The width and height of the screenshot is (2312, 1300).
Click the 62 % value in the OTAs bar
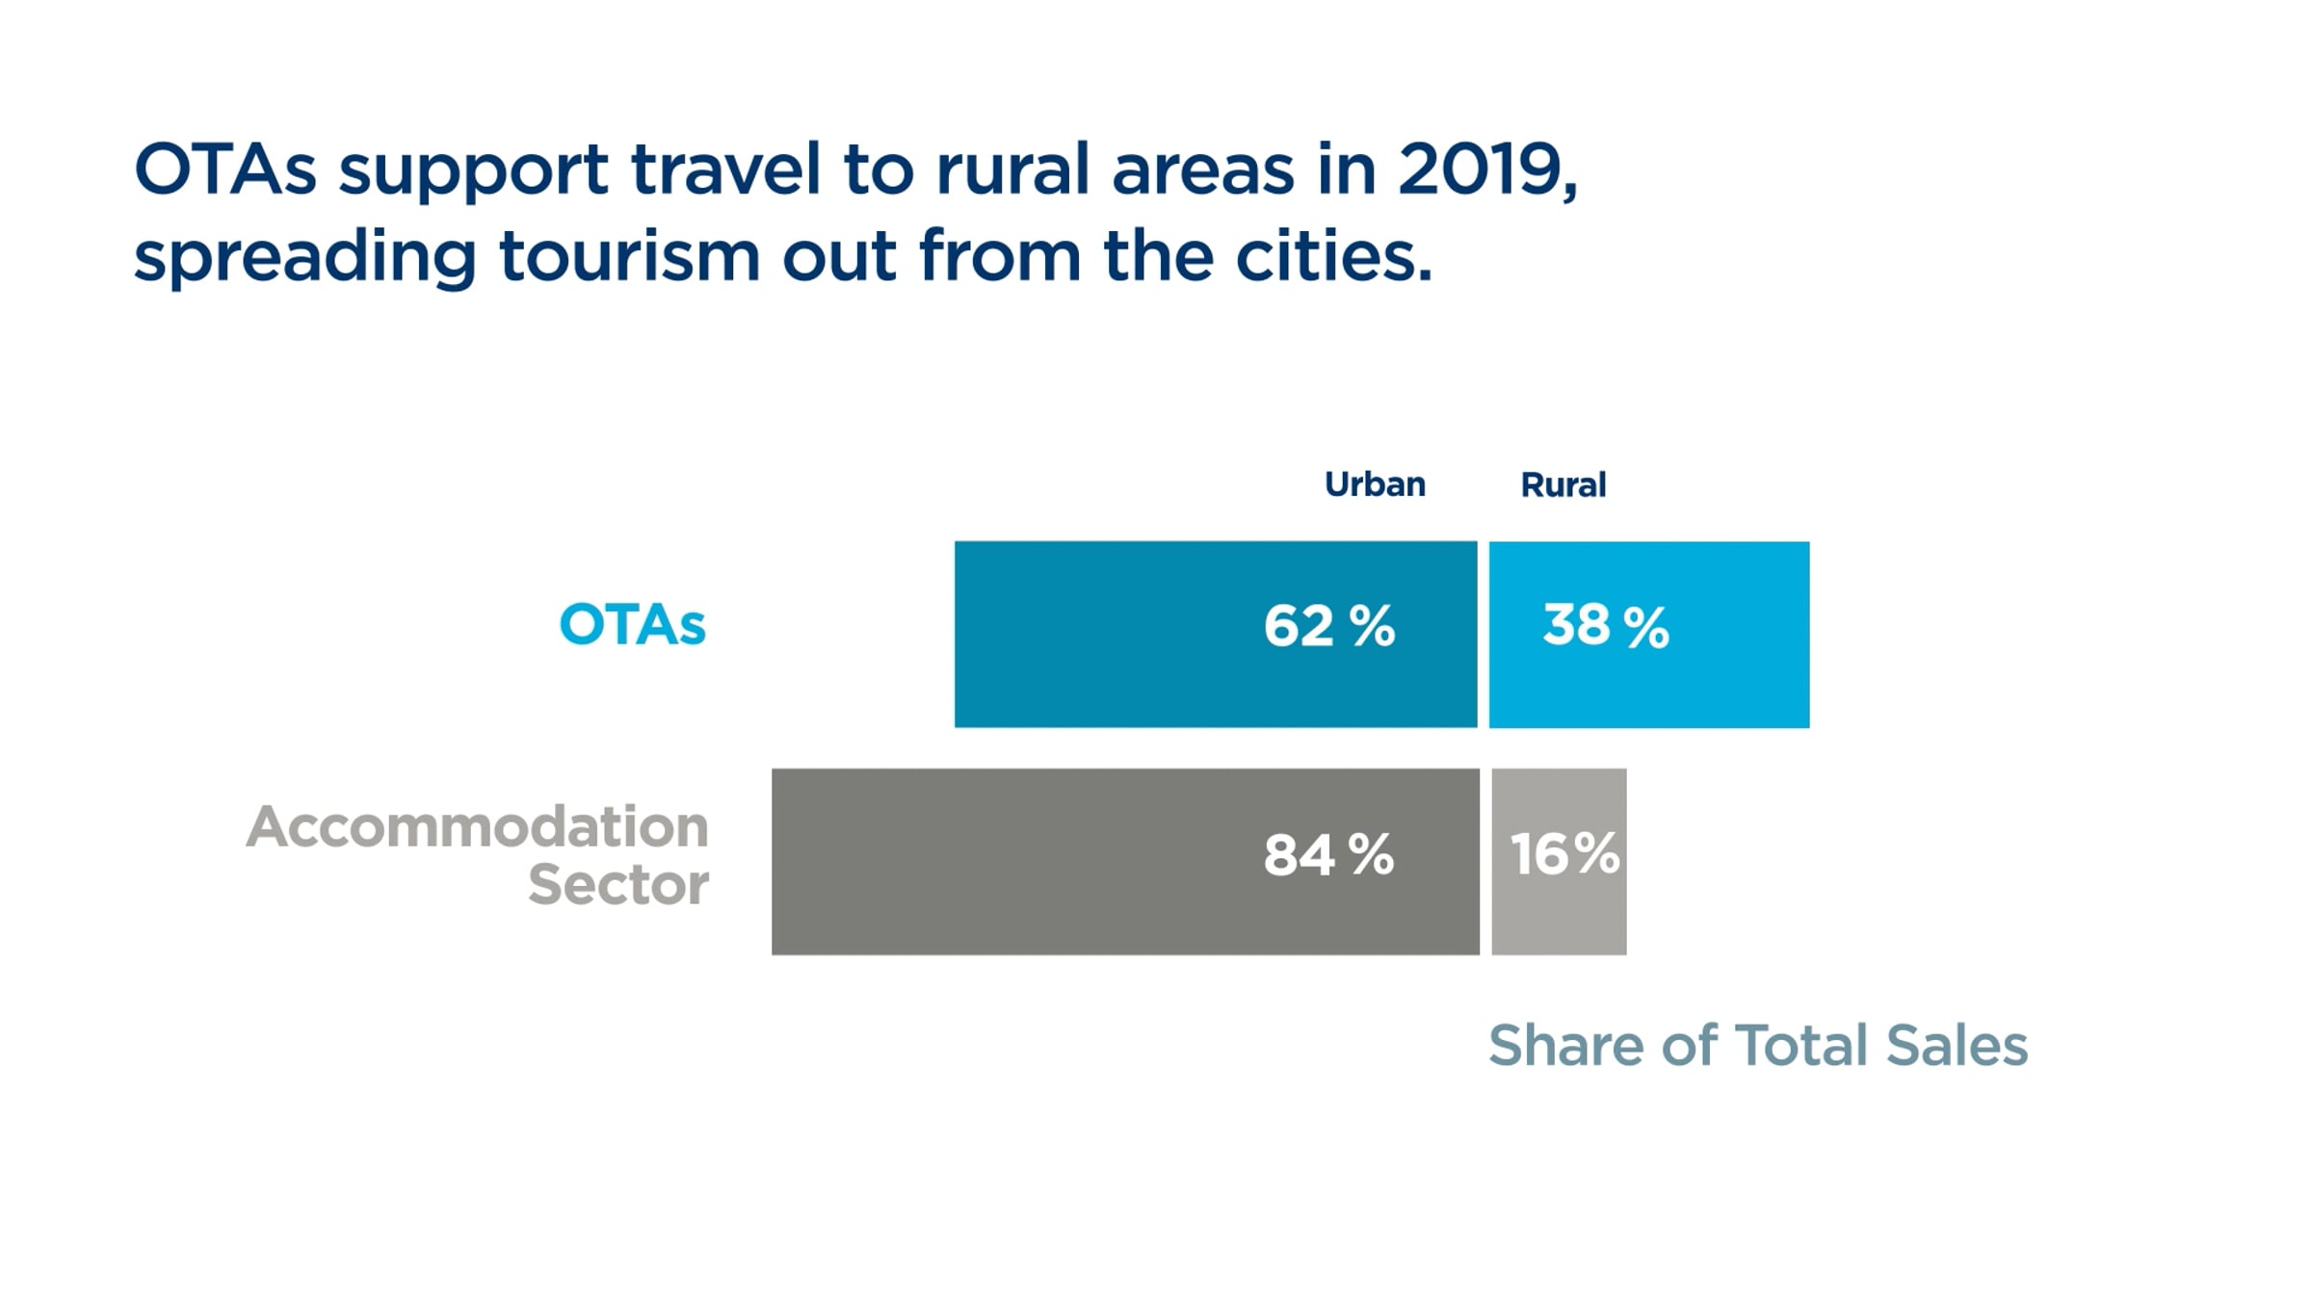tap(1328, 626)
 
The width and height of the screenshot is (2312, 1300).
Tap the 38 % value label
tap(1605, 626)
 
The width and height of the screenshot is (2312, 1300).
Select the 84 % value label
tap(1328, 854)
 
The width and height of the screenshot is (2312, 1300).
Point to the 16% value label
tap(1564, 854)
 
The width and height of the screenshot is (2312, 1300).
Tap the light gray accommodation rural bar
tap(1559, 915)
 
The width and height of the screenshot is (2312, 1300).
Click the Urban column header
tap(1375, 484)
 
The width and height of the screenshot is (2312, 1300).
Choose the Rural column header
tap(1563, 484)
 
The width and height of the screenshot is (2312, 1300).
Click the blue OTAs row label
tap(632, 625)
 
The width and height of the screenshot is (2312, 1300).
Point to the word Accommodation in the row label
tap(478, 826)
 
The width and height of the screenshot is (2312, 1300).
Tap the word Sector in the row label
tap(618, 884)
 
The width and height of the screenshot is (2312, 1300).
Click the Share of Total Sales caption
tap(1757, 1046)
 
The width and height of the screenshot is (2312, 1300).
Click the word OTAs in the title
tap(224, 169)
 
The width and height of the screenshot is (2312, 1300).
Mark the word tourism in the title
tap(629, 256)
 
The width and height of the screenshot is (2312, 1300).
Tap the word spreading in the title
tap(304, 258)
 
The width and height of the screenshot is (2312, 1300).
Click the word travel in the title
tap(724, 169)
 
